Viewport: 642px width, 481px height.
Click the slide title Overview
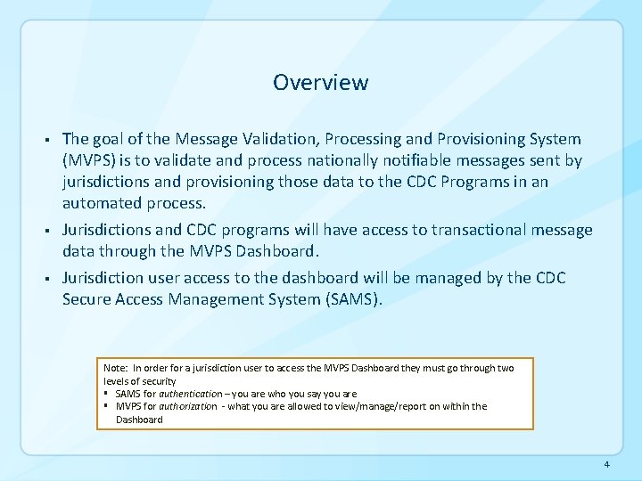pyautogui.click(x=320, y=83)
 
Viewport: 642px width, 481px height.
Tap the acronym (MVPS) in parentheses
pyautogui.click(x=92, y=161)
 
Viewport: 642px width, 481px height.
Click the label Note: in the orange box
pyautogui.click(x=115, y=368)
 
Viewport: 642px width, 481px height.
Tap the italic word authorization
pyautogui.click(x=183, y=406)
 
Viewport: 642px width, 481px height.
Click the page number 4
pyautogui.click(x=605, y=465)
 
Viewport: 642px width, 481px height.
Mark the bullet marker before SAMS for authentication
pyautogui.click(x=107, y=393)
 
